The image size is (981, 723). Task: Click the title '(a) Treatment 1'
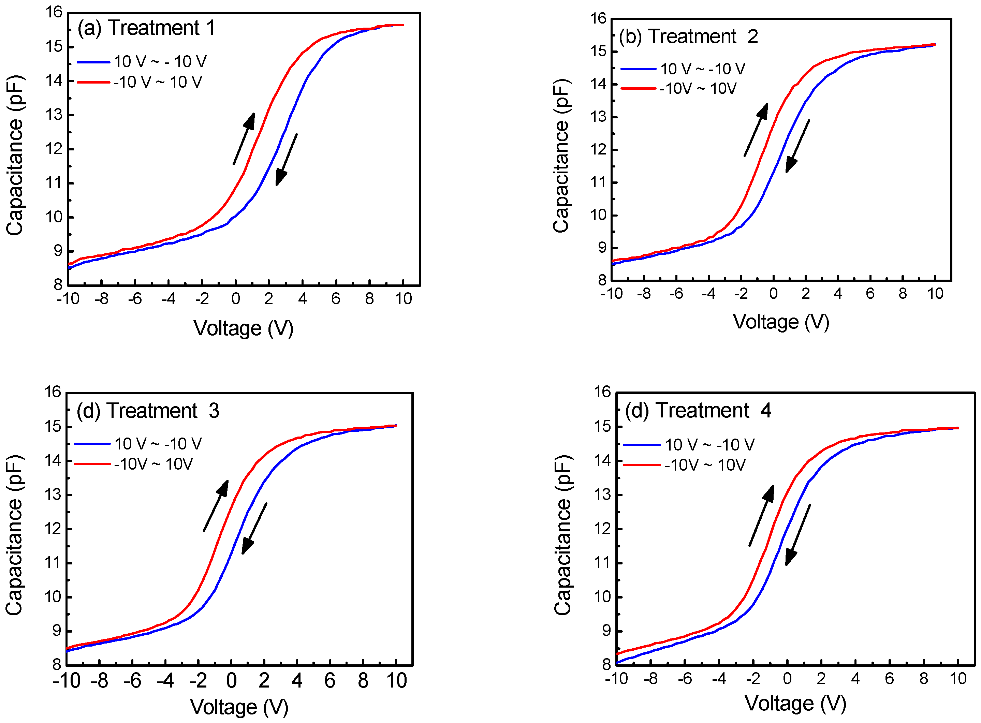click(146, 28)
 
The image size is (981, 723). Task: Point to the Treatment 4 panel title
click(698, 411)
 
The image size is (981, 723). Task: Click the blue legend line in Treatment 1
click(93, 62)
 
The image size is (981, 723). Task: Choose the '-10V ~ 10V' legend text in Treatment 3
click(153, 464)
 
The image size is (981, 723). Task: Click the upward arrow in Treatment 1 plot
click(244, 138)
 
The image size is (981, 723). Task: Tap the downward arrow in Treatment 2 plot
click(797, 146)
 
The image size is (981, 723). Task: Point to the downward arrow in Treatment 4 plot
click(797, 535)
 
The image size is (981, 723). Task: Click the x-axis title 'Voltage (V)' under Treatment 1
click(244, 328)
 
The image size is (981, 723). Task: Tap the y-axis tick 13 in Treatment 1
click(54, 115)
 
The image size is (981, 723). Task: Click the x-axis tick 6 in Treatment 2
click(870, 294)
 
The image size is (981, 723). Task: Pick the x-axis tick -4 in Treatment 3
click(165, 681)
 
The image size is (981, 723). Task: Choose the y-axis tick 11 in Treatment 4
click(602, 563)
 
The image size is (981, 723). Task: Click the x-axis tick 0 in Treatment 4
click(787, 679)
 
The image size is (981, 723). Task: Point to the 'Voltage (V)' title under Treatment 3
click(239, 707)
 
